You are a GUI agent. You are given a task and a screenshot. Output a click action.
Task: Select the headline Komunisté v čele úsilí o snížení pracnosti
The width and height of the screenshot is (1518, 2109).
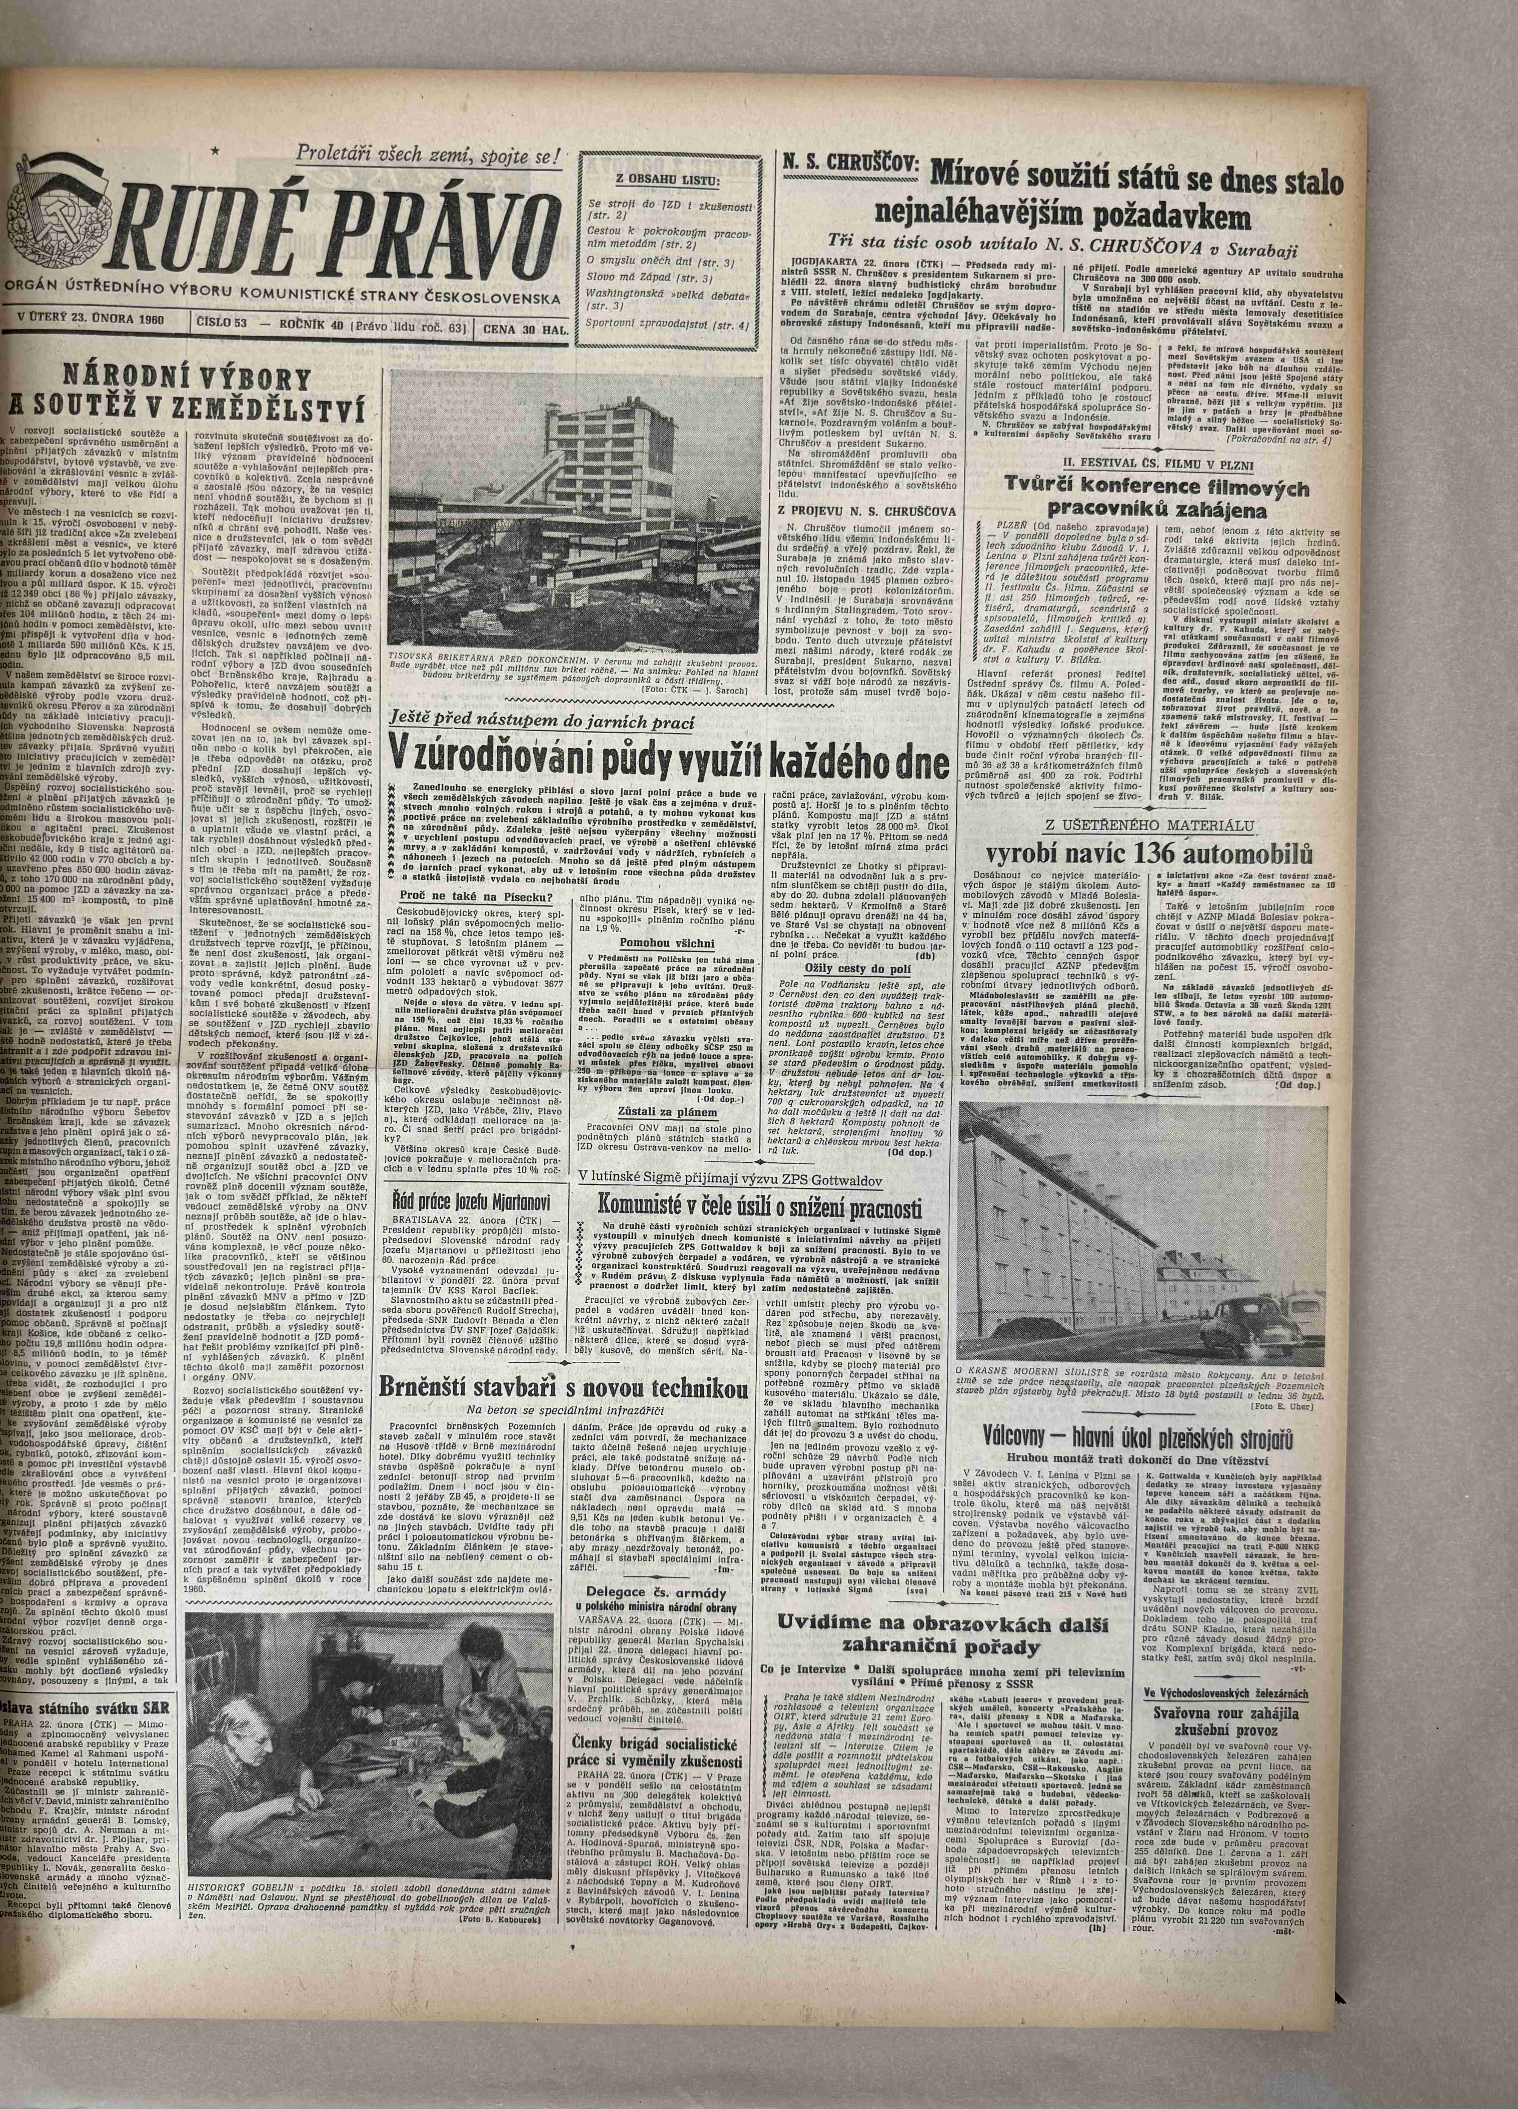[x=760, y=1206]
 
